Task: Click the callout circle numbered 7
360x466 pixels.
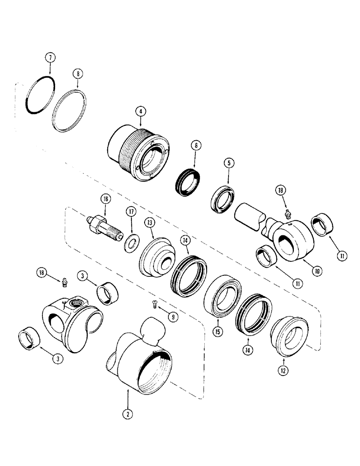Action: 50,58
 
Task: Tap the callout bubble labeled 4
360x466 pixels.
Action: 139,111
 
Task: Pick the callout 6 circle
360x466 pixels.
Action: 197,145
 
